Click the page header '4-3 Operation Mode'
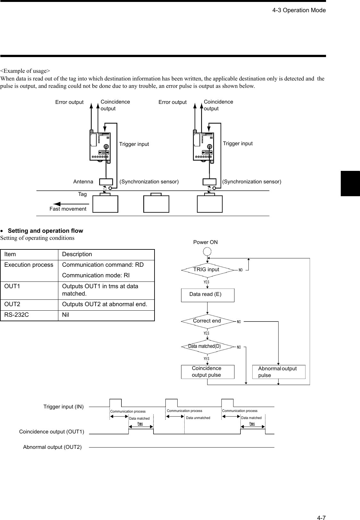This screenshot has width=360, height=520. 299,10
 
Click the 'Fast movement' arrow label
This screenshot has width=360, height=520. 68,209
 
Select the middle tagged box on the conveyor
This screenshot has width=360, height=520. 156,204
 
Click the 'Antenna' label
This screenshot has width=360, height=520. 83,182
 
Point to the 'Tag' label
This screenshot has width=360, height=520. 82,194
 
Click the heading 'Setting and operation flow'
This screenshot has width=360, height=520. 45,231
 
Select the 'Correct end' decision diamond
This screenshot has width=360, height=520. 207,321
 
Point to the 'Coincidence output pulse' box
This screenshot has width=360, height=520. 207,372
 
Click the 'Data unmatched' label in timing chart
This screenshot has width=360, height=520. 198,418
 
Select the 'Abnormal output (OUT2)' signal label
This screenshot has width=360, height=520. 52,447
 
